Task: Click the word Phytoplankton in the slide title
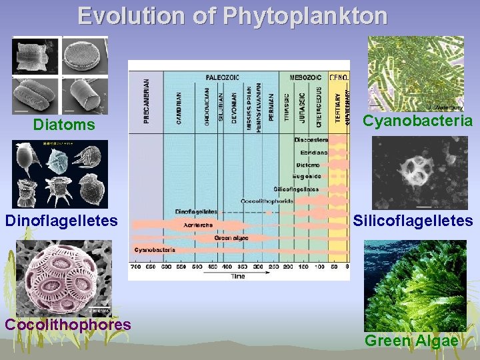[305, 15]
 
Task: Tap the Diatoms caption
[64, 125]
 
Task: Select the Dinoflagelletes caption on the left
[61, 220]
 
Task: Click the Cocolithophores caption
[67, 324]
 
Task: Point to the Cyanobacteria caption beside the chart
[417, 121]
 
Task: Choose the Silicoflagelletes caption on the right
[413, 220]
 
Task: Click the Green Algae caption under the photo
[411, 340]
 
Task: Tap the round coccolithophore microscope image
[63, 277]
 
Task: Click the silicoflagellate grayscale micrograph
[419, 173]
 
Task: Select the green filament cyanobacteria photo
[416, 73]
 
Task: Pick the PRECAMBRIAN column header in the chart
[147, 101]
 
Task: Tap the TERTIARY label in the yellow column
[338, 105]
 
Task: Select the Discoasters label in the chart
[311, 140]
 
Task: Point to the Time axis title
[238, 275]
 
